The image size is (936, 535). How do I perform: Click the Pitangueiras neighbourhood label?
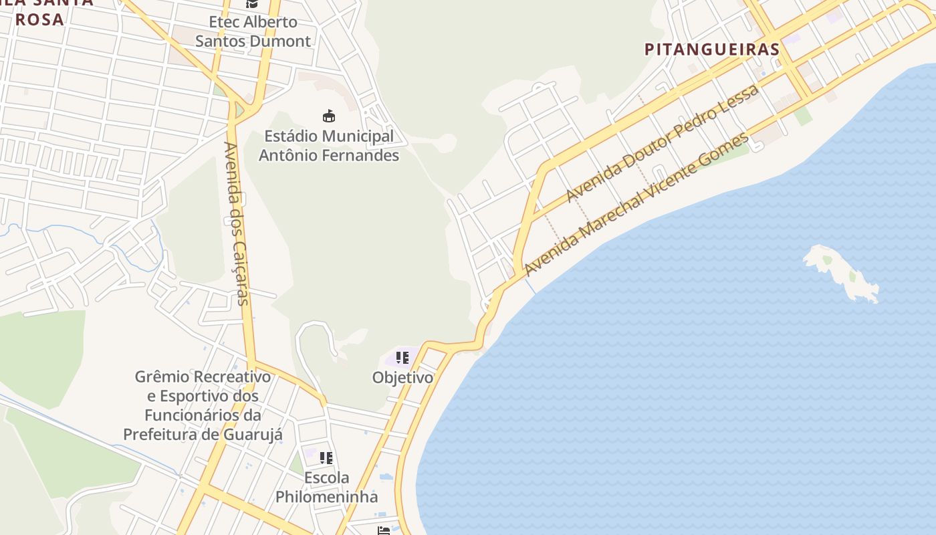tap(712, 49)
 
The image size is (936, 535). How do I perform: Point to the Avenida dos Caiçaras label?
tap(237, 223)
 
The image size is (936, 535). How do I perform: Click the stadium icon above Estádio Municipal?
tap(328, 116)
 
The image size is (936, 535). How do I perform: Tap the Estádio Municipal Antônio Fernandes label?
tap(328, 146)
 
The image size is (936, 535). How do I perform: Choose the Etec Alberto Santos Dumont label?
tap(253, 31)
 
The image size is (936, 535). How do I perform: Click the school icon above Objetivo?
tap(402, 358)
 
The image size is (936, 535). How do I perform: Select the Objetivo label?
tap(402, 377)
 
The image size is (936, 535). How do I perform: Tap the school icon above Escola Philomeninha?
tap(326, 458)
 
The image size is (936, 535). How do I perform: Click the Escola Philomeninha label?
tap(326, 488)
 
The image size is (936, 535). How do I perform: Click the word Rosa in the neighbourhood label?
tap(39, 19)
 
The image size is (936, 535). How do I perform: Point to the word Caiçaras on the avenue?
tap(239, 270)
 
